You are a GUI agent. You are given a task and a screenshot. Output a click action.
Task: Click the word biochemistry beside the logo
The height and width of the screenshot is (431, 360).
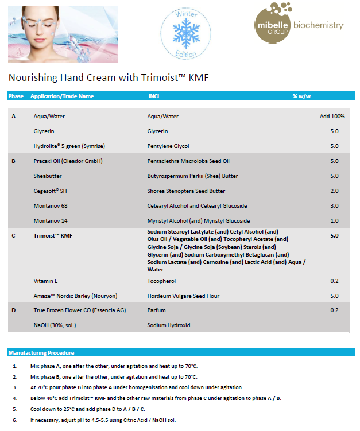[318, 26]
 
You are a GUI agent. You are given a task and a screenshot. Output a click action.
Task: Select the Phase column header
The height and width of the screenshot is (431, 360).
[16, 96]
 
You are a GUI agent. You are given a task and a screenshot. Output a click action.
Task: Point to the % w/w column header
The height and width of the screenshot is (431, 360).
[301, 96]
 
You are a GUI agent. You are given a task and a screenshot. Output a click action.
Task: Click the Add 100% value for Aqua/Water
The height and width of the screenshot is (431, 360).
[332, 117]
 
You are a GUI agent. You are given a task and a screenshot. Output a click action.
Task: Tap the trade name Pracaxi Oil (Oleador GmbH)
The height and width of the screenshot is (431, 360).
[68, 161]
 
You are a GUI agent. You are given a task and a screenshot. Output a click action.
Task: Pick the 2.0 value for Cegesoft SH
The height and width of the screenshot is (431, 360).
[334, 191]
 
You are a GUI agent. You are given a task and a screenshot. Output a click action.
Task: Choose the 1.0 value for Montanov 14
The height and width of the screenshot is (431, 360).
[334, 221]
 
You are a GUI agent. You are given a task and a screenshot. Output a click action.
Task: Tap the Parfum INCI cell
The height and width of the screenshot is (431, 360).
[156, 310]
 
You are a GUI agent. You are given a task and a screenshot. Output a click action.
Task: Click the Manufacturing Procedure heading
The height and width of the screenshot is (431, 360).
[41, 352]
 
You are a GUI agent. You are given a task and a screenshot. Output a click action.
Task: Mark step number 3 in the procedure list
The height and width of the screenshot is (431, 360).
[14, 387]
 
